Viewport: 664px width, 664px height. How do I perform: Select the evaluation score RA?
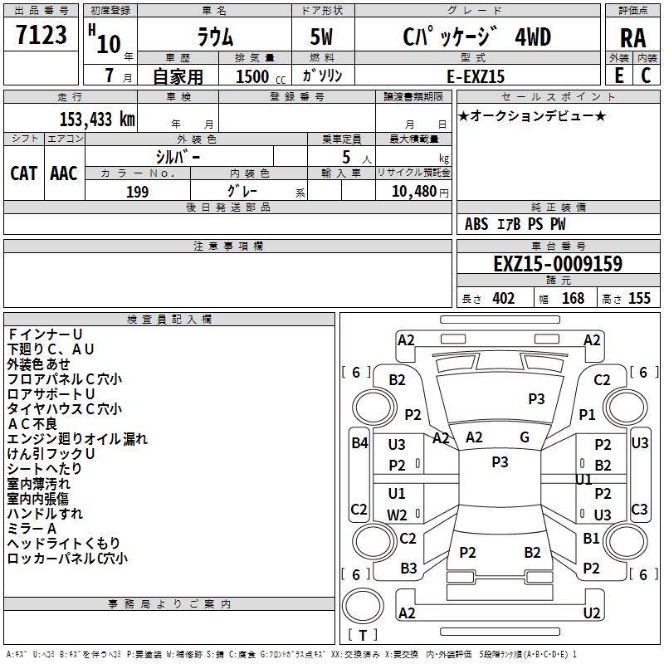(x=632, y=38)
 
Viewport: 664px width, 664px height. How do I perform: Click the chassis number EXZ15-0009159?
(x=557, y=264)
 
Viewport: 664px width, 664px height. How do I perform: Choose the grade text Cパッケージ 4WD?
(x=477, y=37)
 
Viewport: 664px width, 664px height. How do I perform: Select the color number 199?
(x=137, y=191)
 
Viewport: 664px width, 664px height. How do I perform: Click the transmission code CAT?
(x=23, y=173)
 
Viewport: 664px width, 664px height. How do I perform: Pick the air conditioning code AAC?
(x=63, y=173)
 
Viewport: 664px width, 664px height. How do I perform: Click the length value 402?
(x=503, y=299)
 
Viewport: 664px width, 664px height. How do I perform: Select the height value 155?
(x=639, y=299)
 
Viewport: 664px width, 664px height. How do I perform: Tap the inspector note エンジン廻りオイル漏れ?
(x=77, y=439)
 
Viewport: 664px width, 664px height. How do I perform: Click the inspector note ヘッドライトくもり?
(x=63, y=544)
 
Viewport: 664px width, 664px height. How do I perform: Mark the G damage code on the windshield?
(x=525, y=437)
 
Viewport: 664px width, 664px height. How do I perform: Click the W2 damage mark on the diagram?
(x=398, y=515)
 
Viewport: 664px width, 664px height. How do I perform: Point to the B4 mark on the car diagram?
(x=359, y=443)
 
